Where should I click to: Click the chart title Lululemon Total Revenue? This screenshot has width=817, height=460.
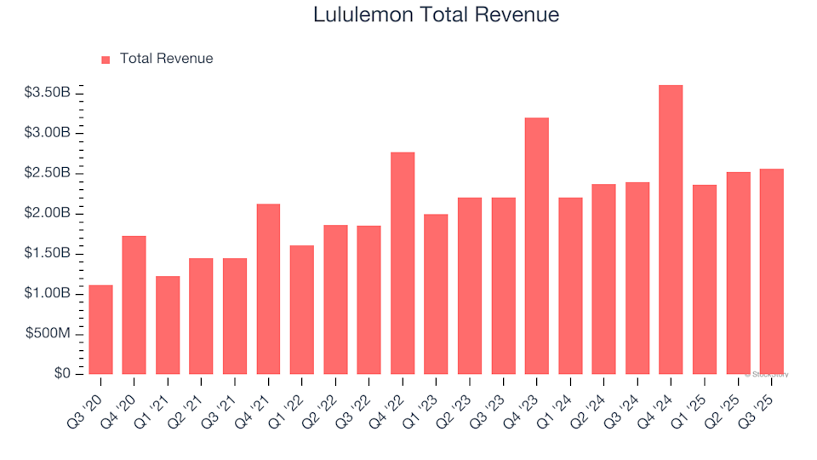(x=436, y=14)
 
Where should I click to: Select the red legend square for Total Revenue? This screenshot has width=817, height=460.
(x=106, y=60)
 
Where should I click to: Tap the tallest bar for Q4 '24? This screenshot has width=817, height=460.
(x=671, y=230)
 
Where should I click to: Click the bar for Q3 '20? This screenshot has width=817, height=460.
(x=100, y=330)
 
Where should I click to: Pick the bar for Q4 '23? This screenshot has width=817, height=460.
(x=536, y=246)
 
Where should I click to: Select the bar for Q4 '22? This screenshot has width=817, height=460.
(x=403, y=263)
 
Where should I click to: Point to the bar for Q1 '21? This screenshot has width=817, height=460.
(x=168, y=325)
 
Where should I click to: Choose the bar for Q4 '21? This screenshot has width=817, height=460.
(x=268, y=290)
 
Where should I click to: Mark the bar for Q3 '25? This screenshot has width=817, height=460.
(x=771, y=272)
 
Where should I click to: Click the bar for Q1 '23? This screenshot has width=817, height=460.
(x=436, y=295)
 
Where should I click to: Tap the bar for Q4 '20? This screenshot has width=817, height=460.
(x=134, y=305)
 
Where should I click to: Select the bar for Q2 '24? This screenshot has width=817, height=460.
(x=603, y=279)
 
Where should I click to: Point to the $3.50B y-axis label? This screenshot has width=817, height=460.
(x=48, y=93)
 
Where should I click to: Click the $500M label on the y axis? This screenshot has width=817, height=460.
(x=48, y=334)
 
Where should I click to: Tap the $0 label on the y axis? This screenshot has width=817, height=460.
(x=60, y=374)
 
